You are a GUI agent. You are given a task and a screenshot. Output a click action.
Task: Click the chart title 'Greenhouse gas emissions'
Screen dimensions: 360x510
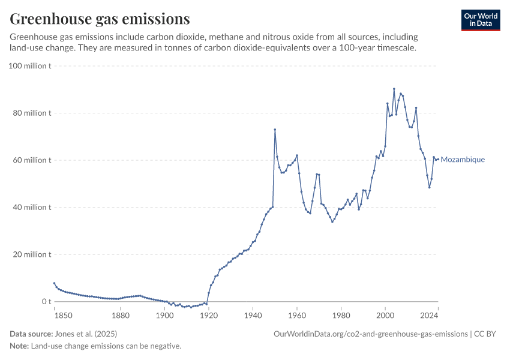(x=100, y=19)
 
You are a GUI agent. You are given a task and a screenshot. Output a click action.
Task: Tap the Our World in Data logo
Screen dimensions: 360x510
(x=480, y=20)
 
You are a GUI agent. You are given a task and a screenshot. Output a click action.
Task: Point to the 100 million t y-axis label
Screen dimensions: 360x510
(x=29, y=65)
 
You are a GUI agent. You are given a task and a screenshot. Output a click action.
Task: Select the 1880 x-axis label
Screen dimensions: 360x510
(x=120, y=315)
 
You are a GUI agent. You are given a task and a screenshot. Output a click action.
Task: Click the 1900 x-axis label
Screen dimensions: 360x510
(x=164, y=315)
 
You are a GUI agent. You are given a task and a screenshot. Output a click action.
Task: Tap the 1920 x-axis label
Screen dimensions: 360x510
(x=208, y=315)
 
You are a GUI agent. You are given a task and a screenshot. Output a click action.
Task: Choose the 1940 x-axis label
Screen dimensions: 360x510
(x=253, y=315)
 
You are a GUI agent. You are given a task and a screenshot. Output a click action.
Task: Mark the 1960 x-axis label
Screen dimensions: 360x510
(x=296, y=315)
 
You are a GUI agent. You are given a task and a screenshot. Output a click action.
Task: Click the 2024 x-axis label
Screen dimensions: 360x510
(x=429, y=315)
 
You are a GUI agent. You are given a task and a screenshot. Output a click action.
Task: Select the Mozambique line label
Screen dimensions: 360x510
(x=463, y=160)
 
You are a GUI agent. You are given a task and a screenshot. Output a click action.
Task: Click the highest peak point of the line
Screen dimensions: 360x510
(x=394, y=89)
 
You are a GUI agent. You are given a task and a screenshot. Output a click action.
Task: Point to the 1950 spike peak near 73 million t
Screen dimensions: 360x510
(x=275, y=130)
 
